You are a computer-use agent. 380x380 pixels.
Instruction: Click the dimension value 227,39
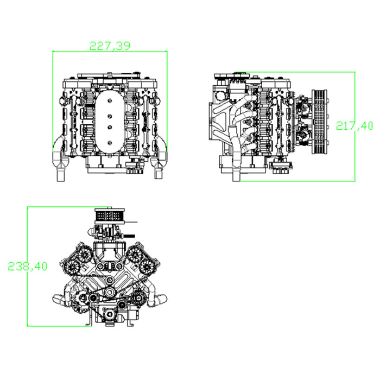click(110, 46)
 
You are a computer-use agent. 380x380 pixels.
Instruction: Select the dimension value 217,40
click(354, 126)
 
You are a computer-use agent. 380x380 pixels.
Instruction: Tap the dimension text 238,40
click(27, 266)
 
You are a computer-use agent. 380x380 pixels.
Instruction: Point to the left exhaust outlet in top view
click(61, 173)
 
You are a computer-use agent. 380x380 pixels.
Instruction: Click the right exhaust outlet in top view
click(159, 173)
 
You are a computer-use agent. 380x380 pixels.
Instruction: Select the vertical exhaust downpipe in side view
click(236, 163)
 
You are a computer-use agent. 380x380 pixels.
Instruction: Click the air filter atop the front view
click(110, 216)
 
